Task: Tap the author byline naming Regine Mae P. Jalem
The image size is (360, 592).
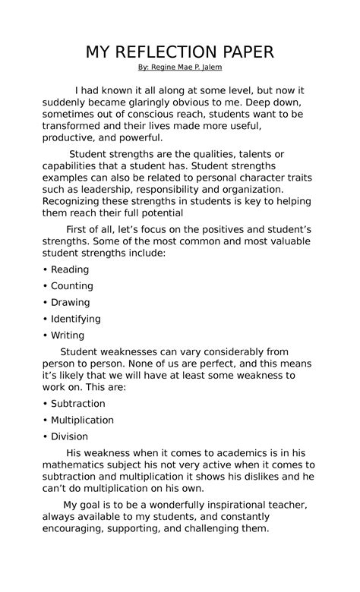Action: (180, 68)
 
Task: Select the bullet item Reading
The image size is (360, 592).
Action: (69, 269)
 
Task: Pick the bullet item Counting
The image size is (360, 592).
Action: (71, 286)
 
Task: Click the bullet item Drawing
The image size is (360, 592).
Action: (70, 302)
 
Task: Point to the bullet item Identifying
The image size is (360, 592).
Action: (75, 319)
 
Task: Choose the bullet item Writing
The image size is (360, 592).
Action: (67, 335)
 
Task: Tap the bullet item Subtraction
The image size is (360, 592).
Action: (77, 404)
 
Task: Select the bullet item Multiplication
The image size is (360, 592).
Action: (82, 420)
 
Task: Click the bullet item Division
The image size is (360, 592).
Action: (69, 436)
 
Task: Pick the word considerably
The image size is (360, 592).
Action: (216, 351)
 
